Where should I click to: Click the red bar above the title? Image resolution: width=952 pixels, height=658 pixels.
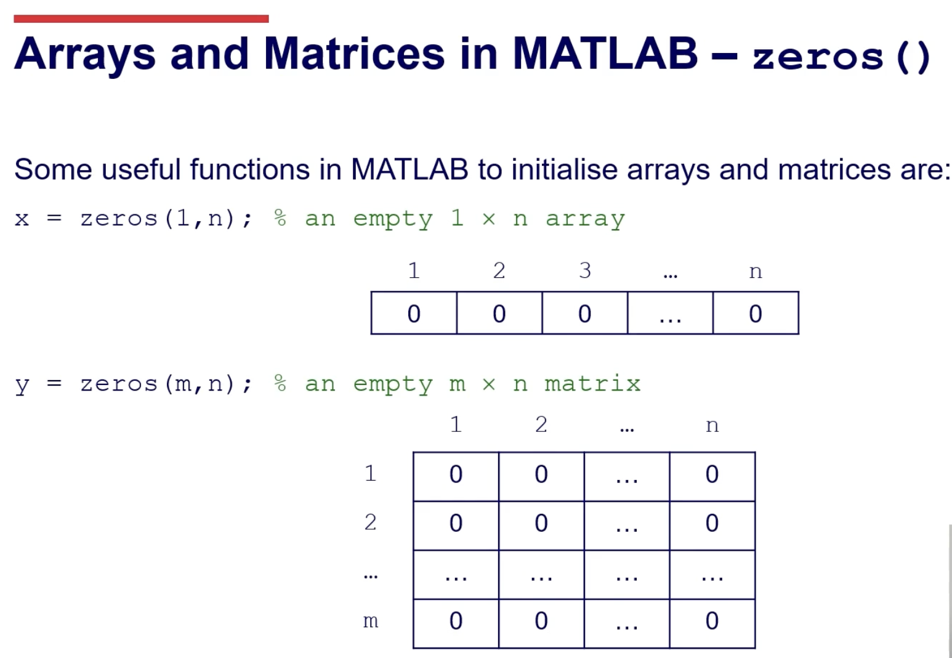[141, 18]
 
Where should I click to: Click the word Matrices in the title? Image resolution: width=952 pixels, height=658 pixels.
[355, 54]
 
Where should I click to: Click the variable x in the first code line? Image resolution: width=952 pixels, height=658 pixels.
[22, 219]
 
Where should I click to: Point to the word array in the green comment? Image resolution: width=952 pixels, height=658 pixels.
[585, 220]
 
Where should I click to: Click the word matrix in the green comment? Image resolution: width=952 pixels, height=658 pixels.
[593, 384]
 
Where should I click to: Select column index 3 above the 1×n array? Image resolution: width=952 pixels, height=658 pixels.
[585, 270]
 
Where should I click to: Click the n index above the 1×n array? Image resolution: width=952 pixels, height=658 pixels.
[756, 272]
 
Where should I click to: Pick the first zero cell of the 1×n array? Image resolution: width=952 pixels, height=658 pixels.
[414, 313]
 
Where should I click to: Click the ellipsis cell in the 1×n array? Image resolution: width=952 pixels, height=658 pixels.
[670, 313]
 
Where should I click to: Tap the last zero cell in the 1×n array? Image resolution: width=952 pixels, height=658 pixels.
[756, 313]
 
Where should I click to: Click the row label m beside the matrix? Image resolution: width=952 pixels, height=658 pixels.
[371, 622]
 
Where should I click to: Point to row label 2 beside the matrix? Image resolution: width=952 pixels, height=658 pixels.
[370, 522]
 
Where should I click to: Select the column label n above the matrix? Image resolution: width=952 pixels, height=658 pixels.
[712, 426]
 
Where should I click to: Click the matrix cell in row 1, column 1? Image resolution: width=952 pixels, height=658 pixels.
[456, 476]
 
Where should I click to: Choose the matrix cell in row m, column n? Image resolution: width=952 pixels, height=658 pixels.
[712, 623]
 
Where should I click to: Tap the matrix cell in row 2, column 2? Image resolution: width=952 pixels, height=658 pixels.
[541, 526]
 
